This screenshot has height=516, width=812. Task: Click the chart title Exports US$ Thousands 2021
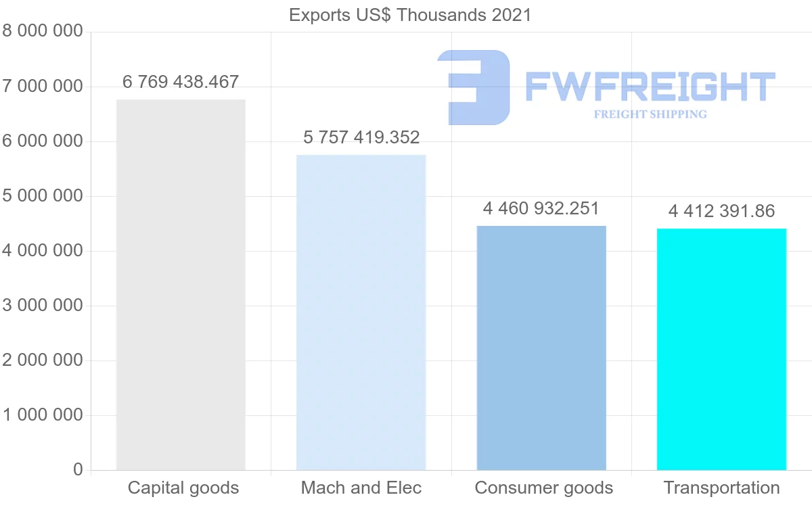click(410, 15)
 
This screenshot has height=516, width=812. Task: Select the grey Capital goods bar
click(181, 284)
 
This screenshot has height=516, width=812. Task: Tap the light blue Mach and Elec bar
click(361, 312)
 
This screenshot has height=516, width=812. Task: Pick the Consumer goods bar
click(541, 348)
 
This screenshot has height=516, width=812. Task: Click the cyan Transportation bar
click(721, 349)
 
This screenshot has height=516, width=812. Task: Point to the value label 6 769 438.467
click(181, 83)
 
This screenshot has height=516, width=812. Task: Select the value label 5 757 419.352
click(361, 138)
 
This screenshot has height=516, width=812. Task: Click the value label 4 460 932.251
click(541, 208)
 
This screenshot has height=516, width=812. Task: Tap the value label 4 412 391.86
click(721, 212)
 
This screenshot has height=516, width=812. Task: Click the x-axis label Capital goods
click(183, 488)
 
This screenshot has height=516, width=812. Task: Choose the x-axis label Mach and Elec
click(361, 488)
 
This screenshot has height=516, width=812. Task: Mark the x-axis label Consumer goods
click(544, 488)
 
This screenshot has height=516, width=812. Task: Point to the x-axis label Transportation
click(721, 488)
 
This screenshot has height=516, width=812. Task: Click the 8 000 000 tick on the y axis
click(43, 32)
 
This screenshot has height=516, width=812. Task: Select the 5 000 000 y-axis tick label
click(43, 196)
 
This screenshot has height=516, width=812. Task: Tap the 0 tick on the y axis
click(78, 470)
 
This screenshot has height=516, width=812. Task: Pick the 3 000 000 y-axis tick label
click(43, 306)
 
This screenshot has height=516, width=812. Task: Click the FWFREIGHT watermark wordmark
click(650, 87)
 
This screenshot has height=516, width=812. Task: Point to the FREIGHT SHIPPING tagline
click(650, 114)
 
